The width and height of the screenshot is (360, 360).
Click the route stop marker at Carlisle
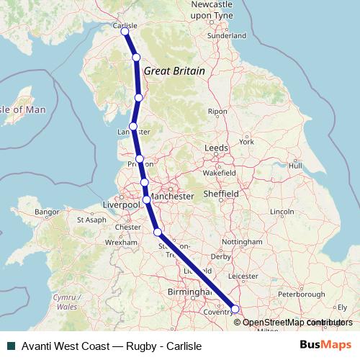[x=125, y=32]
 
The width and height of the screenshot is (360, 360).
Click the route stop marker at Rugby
[x=235, y=309]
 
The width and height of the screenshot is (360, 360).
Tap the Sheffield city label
[x=220, y=194]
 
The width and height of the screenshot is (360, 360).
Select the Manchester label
[x=172, y=195]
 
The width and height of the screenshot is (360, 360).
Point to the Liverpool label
[x=120, y=205]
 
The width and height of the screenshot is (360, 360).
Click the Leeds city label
[x=216, y=148]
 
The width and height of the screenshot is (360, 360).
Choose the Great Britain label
[x=174, y=71]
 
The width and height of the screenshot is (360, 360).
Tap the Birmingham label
[x=187, y=293]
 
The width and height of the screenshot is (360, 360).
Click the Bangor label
[x=46, y=212]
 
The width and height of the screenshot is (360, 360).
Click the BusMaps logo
[x=325, y=345]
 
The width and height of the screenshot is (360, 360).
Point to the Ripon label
[x=217, y=112]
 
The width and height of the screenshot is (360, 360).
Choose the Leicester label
[x=242, y=275]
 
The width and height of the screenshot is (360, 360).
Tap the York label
[x=247, y=142]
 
